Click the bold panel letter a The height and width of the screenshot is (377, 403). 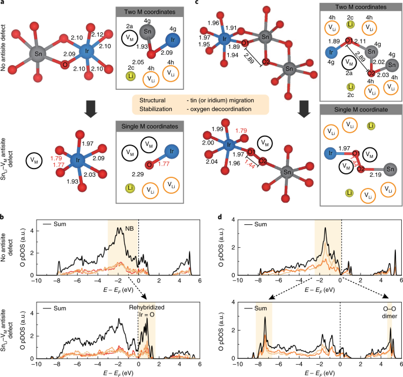4,4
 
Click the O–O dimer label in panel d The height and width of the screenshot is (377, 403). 388,310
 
